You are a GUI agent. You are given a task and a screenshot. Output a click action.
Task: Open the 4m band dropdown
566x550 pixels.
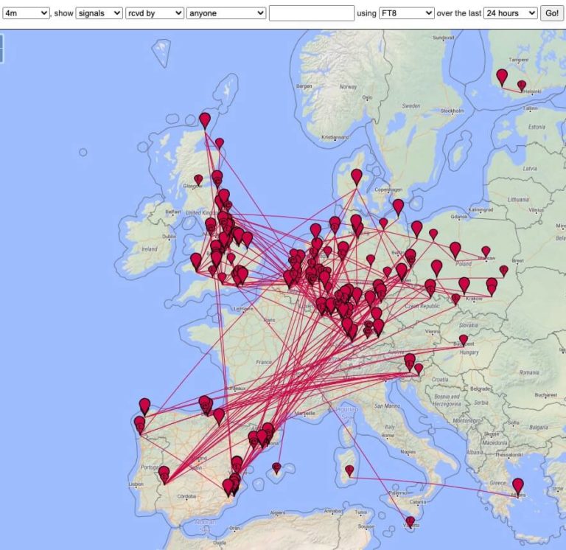26,13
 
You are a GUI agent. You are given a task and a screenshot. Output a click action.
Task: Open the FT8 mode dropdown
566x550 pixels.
406,13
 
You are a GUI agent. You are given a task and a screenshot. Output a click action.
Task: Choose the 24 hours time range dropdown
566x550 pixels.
510,13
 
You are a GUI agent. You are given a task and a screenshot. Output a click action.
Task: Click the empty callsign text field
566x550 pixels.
312,13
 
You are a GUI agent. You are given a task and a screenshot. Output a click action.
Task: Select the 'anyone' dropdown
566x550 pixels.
226,13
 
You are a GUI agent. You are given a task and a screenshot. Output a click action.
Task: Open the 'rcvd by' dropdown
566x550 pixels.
159,13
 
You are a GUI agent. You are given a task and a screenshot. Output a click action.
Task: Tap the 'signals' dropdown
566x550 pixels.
99,13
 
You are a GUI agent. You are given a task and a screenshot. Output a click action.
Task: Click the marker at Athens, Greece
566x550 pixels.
518,486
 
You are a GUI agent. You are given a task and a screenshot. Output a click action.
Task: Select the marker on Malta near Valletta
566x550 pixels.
410,521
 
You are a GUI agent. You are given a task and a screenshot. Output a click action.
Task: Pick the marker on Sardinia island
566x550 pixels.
349,470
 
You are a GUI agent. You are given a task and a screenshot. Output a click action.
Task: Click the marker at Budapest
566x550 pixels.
464,340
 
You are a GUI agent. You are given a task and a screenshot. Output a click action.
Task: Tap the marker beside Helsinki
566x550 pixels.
522,86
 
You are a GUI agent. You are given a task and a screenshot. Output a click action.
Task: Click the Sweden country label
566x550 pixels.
410,106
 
